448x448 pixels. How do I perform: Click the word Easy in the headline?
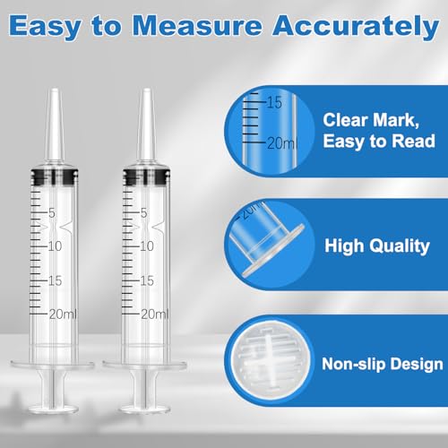click(x=45, y=27)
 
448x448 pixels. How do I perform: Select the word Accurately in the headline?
click(x=356, y=27)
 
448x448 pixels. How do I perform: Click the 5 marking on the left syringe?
click(x=52, y=213)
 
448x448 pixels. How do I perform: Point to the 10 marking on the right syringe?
click(x=146, y=246)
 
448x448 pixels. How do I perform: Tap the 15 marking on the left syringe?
click(x=55, y=280)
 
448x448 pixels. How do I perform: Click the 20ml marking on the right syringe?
click(x=155, y=314)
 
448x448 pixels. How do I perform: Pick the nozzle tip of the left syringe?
click(x=55, y=90)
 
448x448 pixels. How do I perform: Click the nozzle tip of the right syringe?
click(x=146, y=90)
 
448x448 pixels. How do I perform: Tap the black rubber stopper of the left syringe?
click(x=55, y=178)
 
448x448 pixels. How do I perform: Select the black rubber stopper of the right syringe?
click(x=146, y=178)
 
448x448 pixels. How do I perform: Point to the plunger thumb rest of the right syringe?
click(x=145, y=409)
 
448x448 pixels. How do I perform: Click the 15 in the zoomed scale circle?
click(x=274, y=102)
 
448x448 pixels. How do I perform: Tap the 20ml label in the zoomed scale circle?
click(x=282, y=143)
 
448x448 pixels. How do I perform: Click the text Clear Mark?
click(x=371, y=120)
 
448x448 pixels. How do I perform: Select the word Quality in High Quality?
click(x=401, y=246)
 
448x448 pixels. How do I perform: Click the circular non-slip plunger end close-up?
click(x=271, y=361)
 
